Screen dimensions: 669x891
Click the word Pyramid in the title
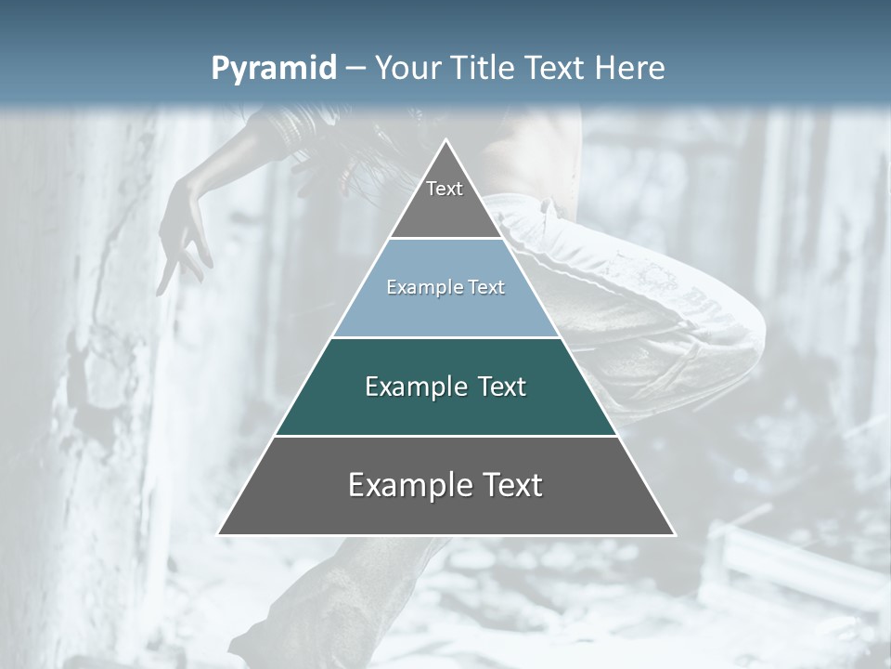click(273, 69)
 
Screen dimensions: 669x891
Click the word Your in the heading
click(408, 68)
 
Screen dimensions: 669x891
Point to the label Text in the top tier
click(445, 189)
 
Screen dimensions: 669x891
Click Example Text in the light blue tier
click(445, 287)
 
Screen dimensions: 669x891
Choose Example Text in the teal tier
click(445, 387)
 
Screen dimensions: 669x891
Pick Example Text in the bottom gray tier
click(445, 485)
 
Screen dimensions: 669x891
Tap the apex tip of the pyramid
click(446, 140)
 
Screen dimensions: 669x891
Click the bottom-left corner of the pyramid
click(220, 533)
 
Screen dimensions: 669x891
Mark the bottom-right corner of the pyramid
click(673, 533)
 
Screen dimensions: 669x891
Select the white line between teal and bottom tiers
click(445, 436)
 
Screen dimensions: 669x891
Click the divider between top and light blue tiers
click(445, 238)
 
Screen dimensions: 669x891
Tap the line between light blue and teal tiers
click(445, 337)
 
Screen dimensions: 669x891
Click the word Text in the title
click(556, 68)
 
